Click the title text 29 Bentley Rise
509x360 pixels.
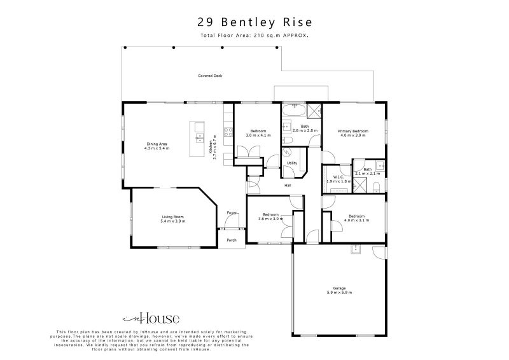coord(254,22)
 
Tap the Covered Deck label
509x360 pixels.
coord(210,76)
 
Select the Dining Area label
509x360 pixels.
coord(157,144)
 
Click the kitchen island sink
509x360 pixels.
coord(199,136)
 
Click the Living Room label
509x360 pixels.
coord(172,216)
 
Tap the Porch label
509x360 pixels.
coord(232,240)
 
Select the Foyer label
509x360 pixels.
coord(232,213)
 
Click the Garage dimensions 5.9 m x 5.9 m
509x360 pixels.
coord(339,293)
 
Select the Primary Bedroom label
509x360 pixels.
coord(353,131)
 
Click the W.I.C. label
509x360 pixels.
coord(339,177)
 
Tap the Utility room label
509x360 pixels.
coord(292,163)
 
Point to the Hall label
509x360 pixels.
coord(288,185)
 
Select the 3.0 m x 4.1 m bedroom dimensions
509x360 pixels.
coord(258,135)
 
